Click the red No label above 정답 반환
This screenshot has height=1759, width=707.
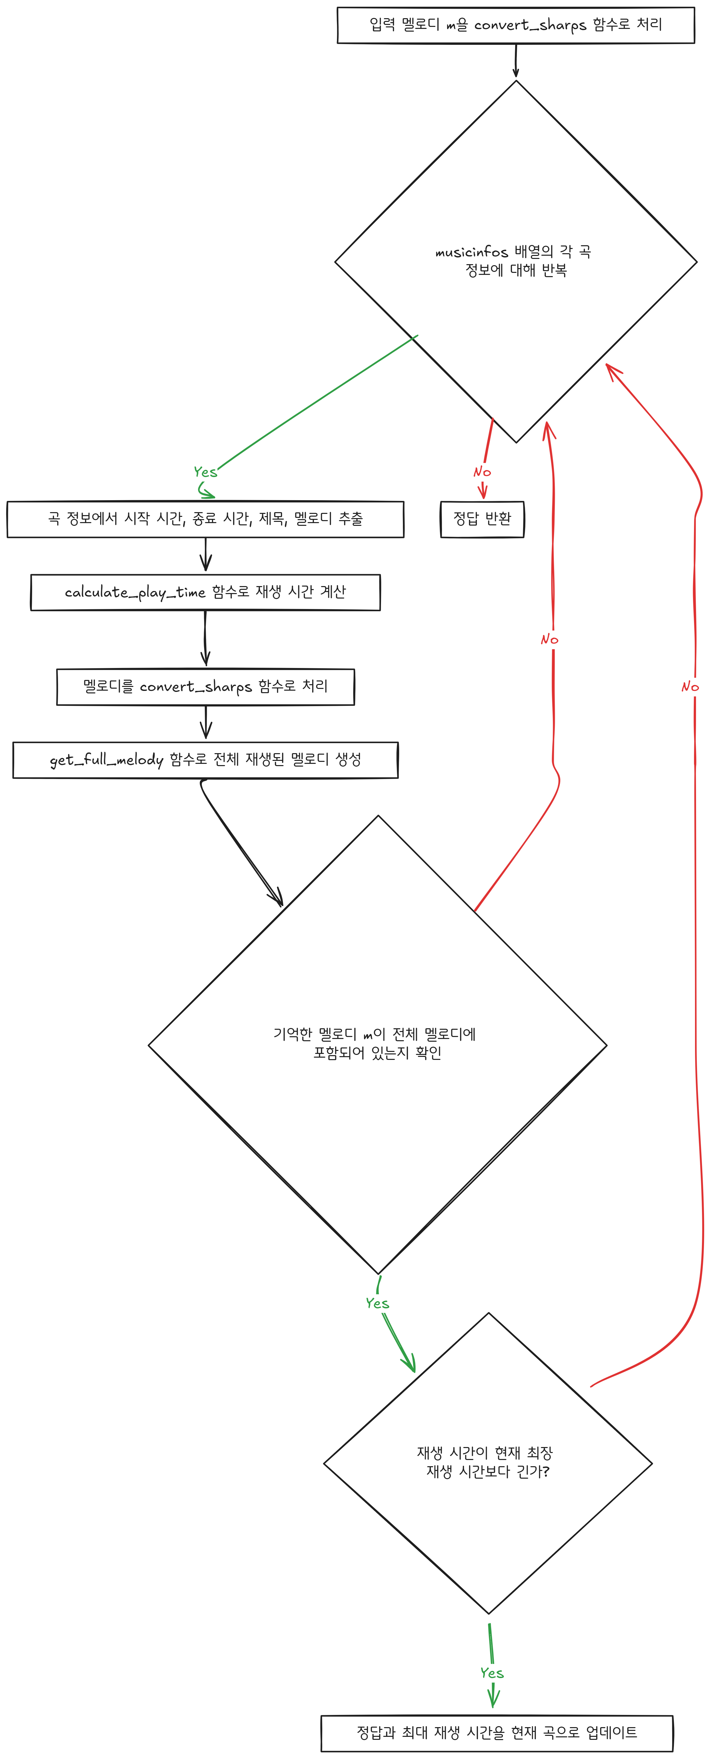coord(482,472)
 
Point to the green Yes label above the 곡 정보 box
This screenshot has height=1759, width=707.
coord(205,472)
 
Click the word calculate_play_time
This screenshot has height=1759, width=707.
coord(135,592)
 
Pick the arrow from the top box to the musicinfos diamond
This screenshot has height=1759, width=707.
coord(516,61)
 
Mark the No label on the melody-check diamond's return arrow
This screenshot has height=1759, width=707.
coord(549,639)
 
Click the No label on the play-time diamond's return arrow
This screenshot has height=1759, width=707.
coord(690,686)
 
